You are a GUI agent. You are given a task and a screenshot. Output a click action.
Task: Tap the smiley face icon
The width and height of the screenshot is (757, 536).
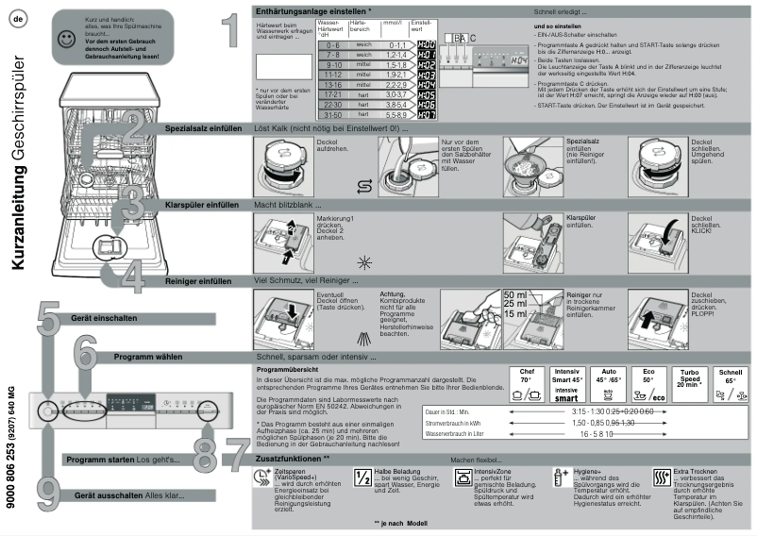(x=64, y=38)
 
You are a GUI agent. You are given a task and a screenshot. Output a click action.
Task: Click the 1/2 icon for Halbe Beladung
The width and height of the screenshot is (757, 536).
(x=362, y=477)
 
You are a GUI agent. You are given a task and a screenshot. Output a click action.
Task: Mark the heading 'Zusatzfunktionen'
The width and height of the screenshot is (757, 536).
(x=290, y=457)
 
